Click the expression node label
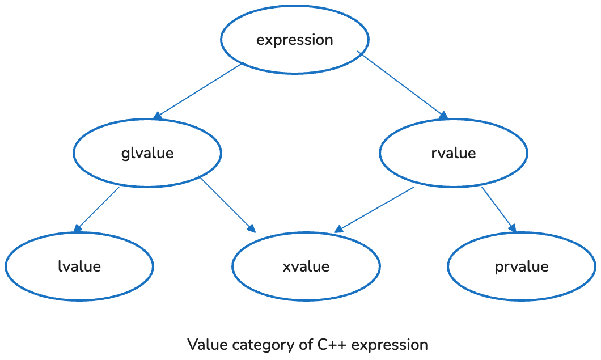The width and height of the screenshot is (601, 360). click(295, 40)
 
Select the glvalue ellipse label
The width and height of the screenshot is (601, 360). click(147, 153)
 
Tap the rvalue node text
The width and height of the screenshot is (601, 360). click(454, 153)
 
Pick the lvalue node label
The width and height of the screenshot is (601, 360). click(79, 266)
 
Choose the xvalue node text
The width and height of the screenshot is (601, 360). click(306, 266)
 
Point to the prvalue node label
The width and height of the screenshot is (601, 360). click(522, 266)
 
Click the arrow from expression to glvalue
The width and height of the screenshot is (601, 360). click(198, 91)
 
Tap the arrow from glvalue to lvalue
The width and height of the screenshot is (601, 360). click(97, 209)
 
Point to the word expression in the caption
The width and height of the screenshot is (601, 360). click(391, 345)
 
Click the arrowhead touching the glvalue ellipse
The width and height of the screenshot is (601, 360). click(158, 116)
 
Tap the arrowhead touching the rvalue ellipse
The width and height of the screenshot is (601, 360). click(443, 116)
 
